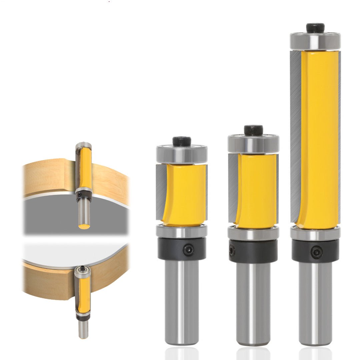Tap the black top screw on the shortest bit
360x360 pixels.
click(x=182, y=141)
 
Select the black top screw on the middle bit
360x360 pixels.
click(x=253, y=130)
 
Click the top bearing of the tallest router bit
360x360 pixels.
click(x=315, y=40)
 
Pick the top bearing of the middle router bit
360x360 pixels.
click(x=253, y=144)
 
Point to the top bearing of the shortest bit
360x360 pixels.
click(x=182, y=154)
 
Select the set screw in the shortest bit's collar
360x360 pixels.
click(x=189, y=249)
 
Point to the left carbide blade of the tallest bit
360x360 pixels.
click(x=295, y=137)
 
